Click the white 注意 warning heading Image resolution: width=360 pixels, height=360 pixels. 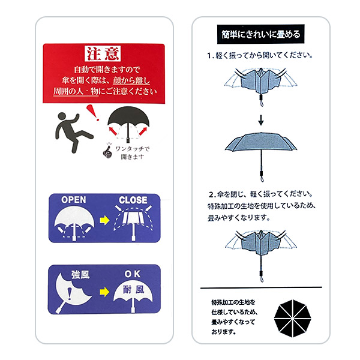(103, 54)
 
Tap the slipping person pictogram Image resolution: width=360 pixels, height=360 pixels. (74, 133)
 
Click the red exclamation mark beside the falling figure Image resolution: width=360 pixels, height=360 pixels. (93, 113)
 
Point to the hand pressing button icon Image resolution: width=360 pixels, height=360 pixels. (107, 151)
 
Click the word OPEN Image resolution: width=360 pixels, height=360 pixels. (73, 200)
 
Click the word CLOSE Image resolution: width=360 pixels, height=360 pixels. (133, 200)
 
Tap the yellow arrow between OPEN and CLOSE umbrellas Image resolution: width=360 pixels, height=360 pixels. (104, 220)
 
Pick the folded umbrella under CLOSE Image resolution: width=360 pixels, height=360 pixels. (133, 223)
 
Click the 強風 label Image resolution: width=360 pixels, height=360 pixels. (80, 275)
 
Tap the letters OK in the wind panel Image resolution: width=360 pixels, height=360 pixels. (133, 274)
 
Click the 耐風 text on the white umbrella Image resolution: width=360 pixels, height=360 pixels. (133, 290)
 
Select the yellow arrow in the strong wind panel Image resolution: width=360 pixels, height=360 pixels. (104, 292)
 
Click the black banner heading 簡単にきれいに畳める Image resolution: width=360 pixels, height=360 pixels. (261, 34)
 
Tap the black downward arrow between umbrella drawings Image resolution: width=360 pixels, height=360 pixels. (261, 120)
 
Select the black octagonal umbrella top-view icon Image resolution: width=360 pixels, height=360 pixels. (293, 318)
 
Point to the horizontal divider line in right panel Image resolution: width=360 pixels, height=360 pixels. (261, 287)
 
